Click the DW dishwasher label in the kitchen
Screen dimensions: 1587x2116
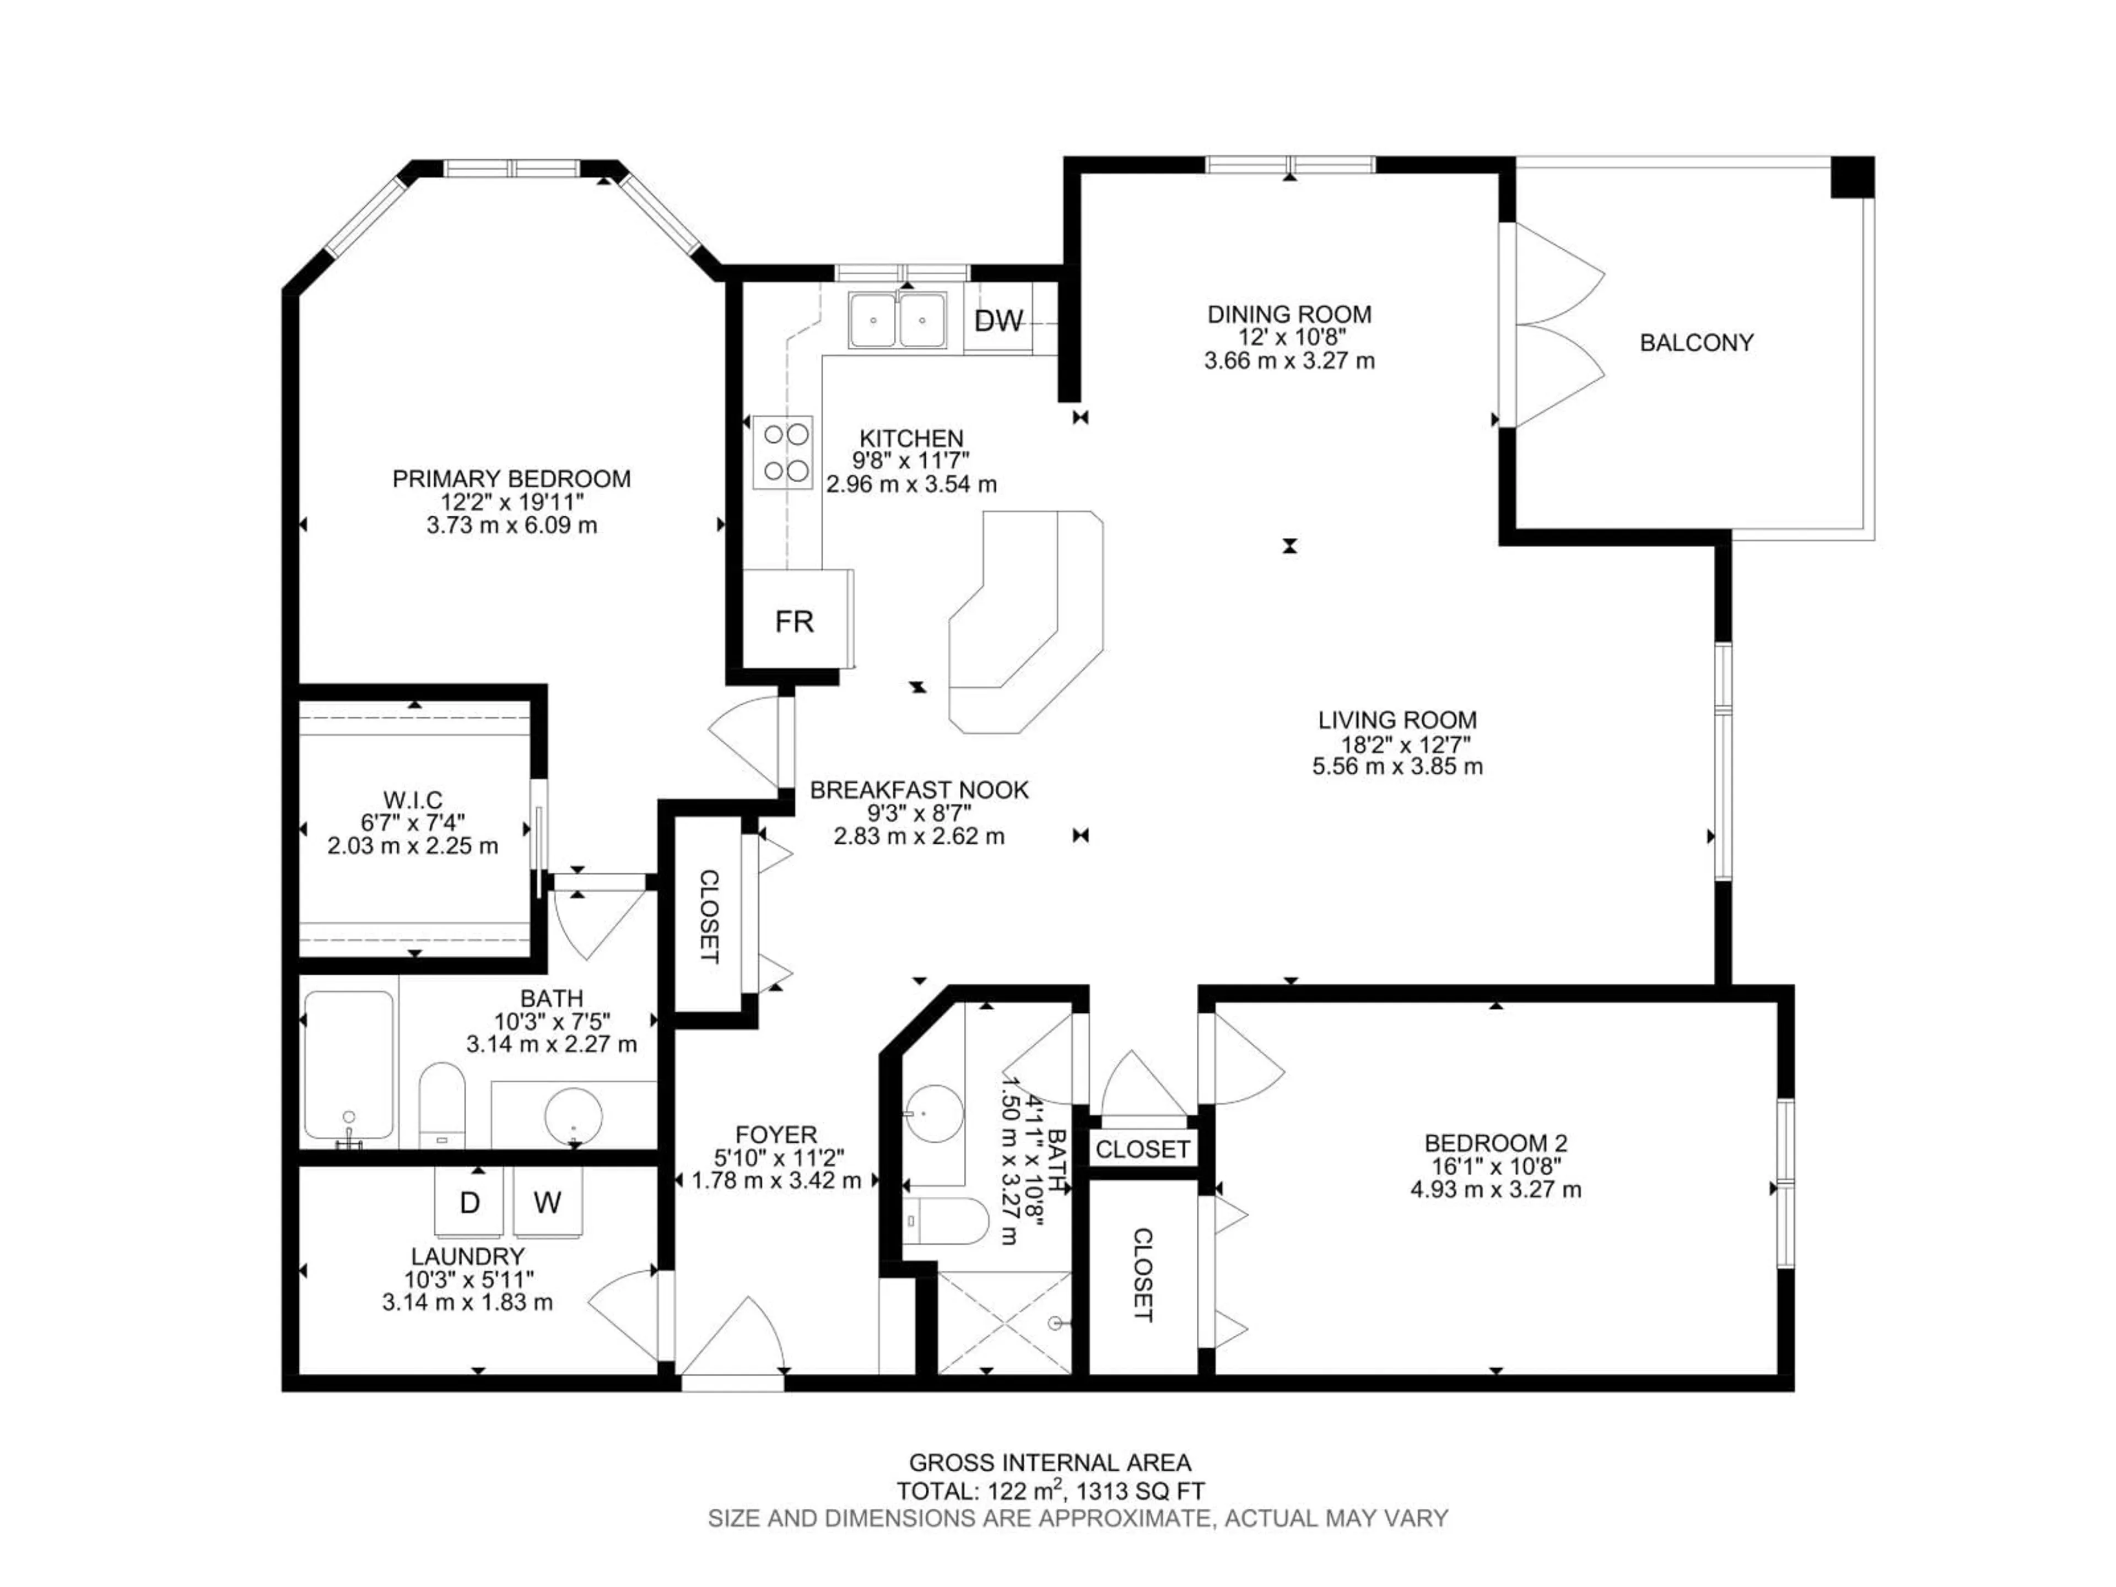(x=998, y=321)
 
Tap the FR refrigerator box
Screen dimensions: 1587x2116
(x=794, y=621)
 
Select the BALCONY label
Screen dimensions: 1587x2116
(x=1696, y=342)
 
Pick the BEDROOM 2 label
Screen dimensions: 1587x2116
(x=1495, y=1142)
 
